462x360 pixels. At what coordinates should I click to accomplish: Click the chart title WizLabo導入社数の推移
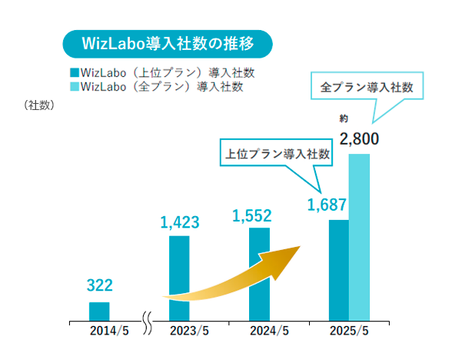tap(167, 44)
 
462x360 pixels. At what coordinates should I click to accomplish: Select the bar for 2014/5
tap(99, 311)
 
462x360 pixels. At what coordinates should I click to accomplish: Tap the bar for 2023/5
tap(179, 277)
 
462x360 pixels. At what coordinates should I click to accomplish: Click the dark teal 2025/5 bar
tap(338, 269)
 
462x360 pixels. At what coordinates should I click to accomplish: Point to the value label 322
tap(99, 285)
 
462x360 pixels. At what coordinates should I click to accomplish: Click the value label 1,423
tap(180, 222)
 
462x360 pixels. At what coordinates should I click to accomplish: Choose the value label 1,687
tap(327, 205)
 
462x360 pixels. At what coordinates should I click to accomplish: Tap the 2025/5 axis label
tap(348, 332)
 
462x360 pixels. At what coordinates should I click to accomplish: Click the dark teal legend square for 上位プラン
tap(74, 73)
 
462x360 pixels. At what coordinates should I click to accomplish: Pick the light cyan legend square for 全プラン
tap(74, 86)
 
